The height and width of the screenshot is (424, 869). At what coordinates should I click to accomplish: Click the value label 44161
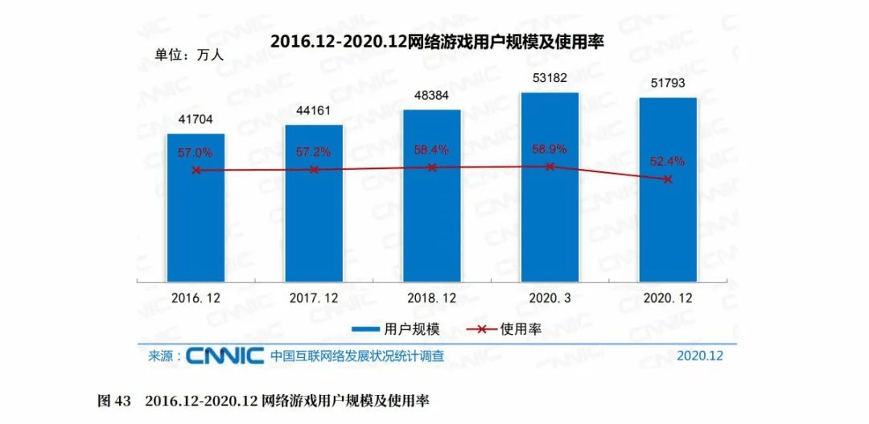(314, 111)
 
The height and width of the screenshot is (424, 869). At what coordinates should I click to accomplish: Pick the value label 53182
(550, 78)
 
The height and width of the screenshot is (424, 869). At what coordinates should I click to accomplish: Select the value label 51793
(668, 84)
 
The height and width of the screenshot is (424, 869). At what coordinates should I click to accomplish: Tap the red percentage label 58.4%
(432, 149)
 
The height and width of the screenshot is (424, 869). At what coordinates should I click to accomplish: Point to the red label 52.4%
(668, 161)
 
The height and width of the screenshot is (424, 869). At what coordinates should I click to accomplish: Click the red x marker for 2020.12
(668, 179)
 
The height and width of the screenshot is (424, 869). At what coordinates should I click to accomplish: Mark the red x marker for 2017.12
(314, 170)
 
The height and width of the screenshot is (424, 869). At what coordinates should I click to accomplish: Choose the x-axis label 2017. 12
(314, 298)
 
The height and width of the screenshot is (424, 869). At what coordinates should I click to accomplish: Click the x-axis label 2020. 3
(550, 298)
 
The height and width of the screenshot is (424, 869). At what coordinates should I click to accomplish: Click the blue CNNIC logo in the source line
(225, 355)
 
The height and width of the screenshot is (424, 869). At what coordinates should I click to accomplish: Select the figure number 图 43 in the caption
(113, 400)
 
